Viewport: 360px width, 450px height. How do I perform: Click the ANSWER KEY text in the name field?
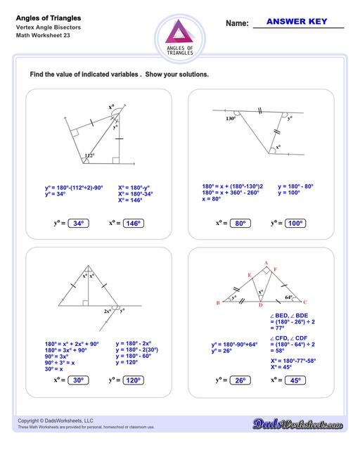[298, 22]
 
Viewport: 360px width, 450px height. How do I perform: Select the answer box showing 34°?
[77, 224]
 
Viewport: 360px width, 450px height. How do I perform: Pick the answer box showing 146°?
[131, 224]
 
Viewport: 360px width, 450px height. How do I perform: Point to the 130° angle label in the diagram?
[230, 118]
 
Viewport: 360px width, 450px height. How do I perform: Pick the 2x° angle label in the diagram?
[107, 310]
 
